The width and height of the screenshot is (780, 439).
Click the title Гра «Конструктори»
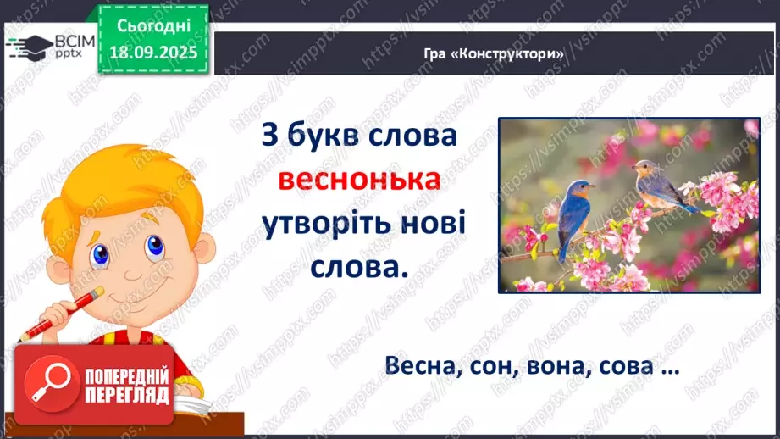[x=495, y=53]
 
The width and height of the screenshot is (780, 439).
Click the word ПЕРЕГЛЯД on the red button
[x=127, y=394]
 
